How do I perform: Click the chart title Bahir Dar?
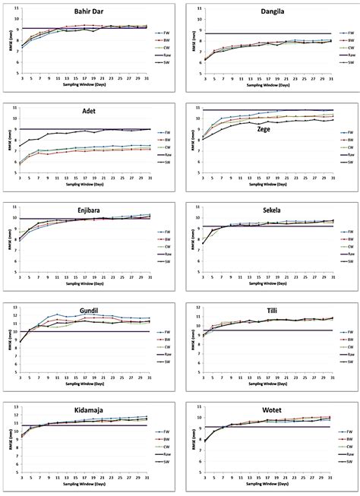(90, 11)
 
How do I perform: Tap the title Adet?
(90, 110)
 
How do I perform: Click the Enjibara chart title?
(90, 208)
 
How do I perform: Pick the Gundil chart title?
(90, 312)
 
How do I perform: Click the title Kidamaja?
(90, 410)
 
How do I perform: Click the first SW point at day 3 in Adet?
(21, 146)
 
